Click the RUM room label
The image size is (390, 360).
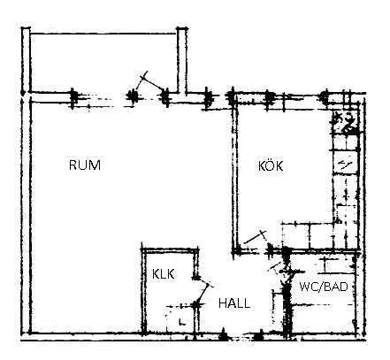(85, 165)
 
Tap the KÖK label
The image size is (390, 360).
(271, 165)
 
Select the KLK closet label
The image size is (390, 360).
(163, 274)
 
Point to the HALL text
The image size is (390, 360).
(234, 303)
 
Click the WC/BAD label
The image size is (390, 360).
(324, 287)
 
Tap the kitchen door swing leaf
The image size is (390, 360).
(256, 238)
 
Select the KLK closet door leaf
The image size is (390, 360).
(203, 291)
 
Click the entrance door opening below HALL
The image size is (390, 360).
(241, 335)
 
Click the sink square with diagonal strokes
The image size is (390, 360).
(345, 162)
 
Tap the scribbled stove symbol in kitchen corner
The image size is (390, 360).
(345, 122)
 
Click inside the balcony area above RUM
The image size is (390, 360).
(103, 63)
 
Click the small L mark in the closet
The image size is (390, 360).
(181, 322)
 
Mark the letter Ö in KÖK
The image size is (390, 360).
(271, 165)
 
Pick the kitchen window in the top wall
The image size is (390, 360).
(294, 98)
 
